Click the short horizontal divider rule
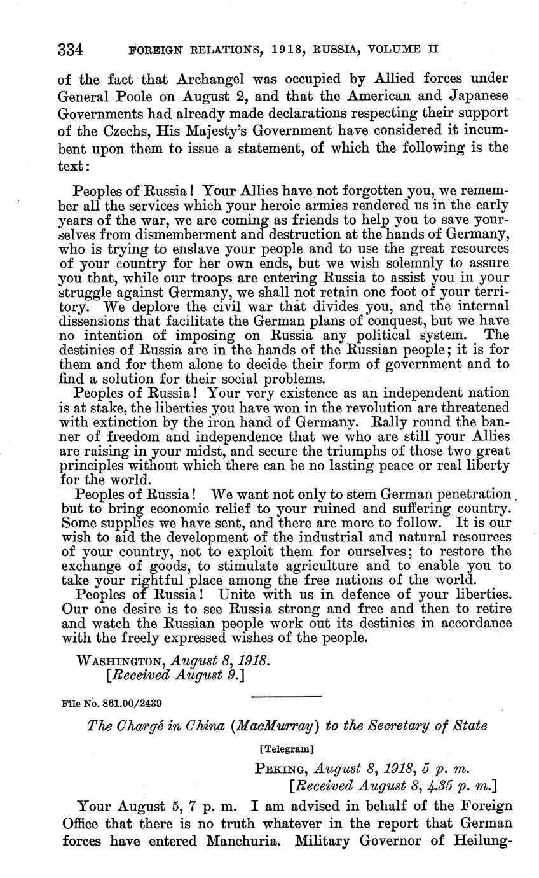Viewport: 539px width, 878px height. point(287,697)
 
